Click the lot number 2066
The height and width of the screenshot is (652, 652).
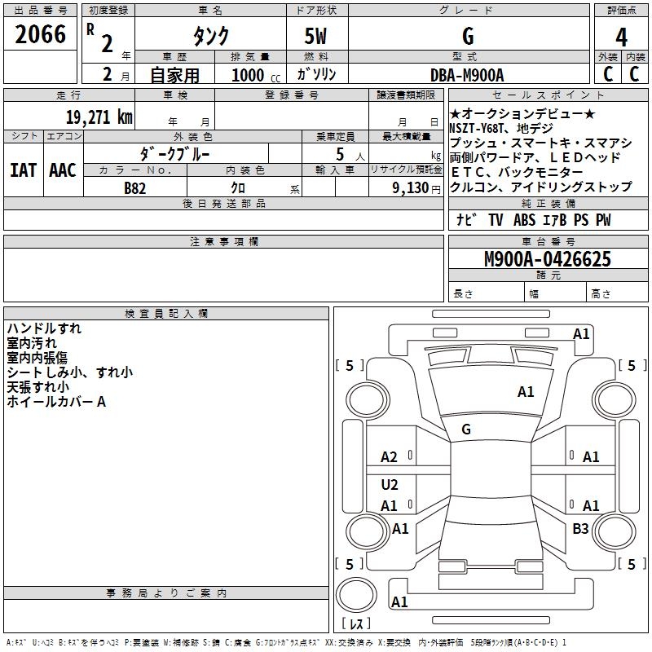(x=40, y=33)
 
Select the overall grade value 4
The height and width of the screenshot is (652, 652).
(x=621, y=37)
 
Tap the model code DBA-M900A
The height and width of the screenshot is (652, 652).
(x=467, y=74)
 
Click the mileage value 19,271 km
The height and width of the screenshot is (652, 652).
(x=99, y=117)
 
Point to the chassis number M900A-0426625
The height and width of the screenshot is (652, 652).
(x=547, y=260)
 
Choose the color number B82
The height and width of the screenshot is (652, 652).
(x=135, y=187)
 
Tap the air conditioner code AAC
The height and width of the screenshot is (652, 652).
(x=62, y=170)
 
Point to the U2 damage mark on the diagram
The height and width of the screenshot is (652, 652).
(x=390, y=485)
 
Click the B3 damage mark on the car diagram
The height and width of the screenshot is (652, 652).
(x=580, y=529)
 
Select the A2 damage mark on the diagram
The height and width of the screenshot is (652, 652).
(x=390, y=457)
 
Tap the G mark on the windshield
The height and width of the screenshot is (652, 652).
(x=466, y=430)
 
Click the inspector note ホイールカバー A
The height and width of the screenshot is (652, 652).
(x=56, y=402)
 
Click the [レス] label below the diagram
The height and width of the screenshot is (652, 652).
(x=359, y=624)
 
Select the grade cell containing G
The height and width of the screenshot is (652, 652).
(x=467, y=37)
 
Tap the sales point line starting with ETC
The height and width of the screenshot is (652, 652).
(x=516, y=173)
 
